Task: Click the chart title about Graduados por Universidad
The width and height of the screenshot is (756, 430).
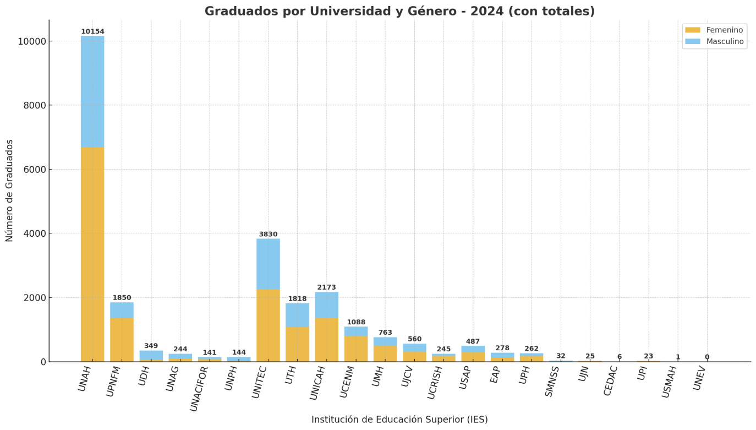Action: click(x=399, y=12)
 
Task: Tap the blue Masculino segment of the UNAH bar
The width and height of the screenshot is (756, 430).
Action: click(x=92, y=91)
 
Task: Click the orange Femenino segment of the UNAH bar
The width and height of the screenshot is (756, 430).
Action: click(x=92, y=253)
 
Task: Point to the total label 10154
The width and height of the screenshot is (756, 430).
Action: click(x=92, y=32)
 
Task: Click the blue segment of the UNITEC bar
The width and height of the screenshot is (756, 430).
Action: click(x=268, y=264)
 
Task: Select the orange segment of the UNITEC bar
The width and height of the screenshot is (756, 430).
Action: click(x=268, y=325)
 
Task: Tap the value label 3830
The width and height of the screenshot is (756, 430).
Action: click(x=268, y=235)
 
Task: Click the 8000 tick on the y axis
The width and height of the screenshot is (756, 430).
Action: click(x=34, y=105)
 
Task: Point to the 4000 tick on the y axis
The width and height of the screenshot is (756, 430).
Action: click(x=34, y=233)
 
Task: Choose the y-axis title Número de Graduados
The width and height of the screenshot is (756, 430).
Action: click(x=10, y=190)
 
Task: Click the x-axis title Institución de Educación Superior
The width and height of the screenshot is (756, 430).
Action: click(x=399, y=420)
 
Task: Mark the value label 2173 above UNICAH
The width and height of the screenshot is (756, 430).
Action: click(x=326, y=287)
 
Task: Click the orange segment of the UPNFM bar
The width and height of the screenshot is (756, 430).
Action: click(x=122, y=339)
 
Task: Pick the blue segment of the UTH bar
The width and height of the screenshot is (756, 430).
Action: click(x=297, y=315)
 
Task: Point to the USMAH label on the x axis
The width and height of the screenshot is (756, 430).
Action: click(x=671, y=382)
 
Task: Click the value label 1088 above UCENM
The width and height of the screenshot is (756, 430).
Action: click(x=356, y=323)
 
